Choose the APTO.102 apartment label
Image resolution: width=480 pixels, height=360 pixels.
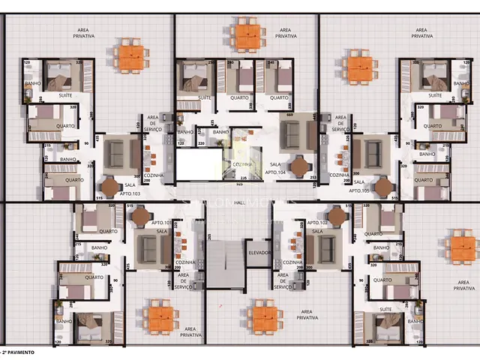317,223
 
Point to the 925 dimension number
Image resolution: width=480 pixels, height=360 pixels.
239,183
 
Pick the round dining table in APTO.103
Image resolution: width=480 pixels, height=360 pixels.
111,185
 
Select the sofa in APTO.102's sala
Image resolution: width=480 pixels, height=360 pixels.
327,250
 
